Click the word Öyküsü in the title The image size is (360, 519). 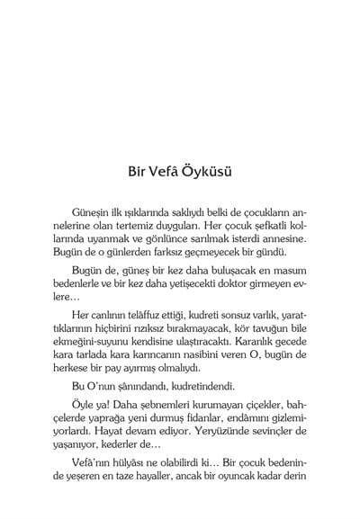(212, 169)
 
